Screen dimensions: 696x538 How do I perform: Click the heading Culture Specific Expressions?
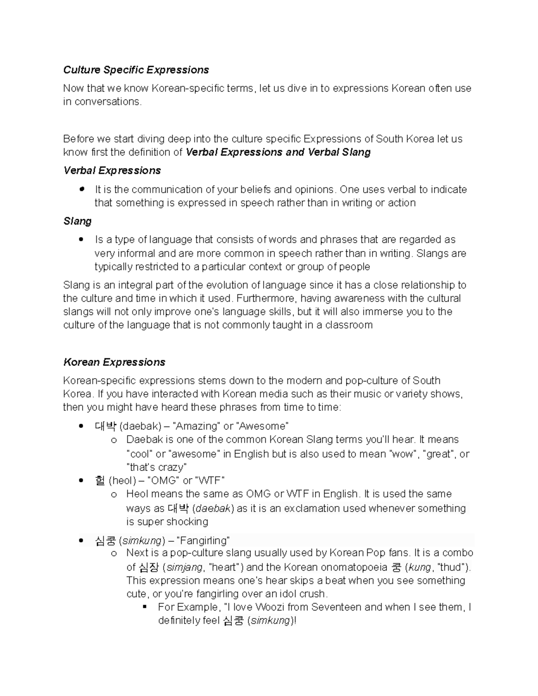(136, 70)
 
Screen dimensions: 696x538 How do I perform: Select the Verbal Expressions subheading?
(112, 171)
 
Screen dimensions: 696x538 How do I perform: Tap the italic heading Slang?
(77, 221)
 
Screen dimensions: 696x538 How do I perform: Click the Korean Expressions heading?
(114, 362)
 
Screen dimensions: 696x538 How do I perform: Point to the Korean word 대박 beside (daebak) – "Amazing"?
(106, 426)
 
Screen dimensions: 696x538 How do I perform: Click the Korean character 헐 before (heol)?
(100, 481)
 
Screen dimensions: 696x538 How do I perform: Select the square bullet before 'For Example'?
(144, 607)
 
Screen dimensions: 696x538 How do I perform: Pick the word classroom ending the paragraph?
(349, 325)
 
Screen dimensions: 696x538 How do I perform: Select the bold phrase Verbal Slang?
(339, 152)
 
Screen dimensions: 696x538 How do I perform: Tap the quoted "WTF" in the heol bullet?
(210, 481)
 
